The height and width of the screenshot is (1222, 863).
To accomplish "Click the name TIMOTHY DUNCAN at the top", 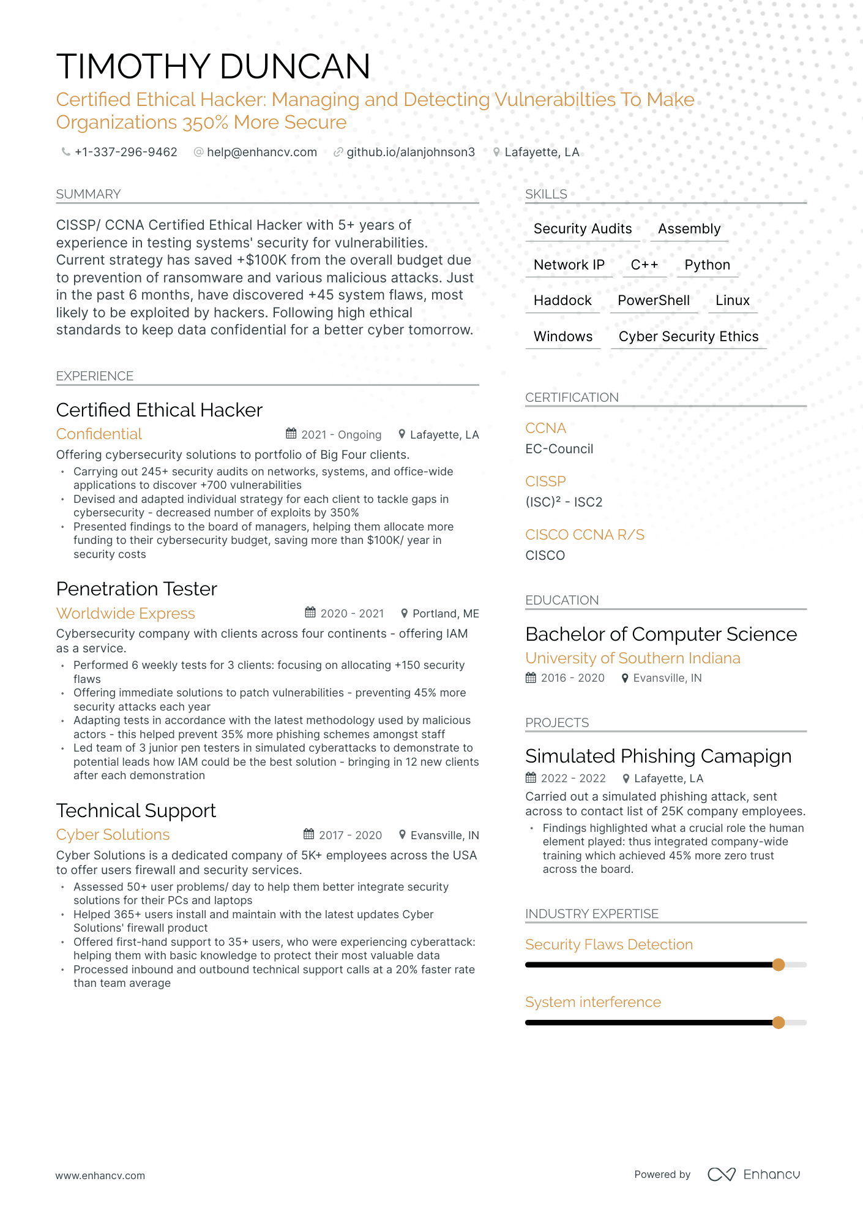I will point(213,66).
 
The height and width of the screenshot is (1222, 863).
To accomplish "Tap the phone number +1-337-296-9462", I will point(125,152).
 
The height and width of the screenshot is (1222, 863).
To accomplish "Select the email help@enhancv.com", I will point(261,152).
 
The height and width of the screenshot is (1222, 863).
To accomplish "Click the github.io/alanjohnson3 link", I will point(410,152).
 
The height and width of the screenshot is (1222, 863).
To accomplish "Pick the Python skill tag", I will point(707,265).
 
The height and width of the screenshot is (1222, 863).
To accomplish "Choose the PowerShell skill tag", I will point(653,300).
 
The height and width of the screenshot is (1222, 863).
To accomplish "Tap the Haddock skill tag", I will point(562,300).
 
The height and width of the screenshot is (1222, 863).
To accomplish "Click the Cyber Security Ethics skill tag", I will point(688,336).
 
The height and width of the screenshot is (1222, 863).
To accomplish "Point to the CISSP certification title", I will point(545,481).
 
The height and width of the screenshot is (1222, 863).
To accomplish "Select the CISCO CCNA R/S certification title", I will point(585,535).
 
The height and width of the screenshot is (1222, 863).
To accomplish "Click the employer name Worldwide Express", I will point(125,613).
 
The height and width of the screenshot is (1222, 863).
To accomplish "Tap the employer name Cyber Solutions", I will point(113,834).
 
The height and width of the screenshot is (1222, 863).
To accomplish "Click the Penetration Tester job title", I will point(136,589).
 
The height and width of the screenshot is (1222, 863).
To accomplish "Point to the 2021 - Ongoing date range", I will point(341,434).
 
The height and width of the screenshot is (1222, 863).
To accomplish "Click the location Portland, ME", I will point(445,613).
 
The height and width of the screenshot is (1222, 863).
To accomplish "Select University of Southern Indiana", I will point(632,658).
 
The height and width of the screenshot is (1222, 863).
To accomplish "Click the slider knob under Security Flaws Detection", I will point(778,965).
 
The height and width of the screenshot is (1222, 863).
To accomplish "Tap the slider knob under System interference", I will point(778,1022).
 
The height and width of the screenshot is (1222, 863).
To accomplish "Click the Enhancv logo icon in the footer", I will point(721,1174).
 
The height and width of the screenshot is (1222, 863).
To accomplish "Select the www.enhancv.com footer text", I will point(100,1175).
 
